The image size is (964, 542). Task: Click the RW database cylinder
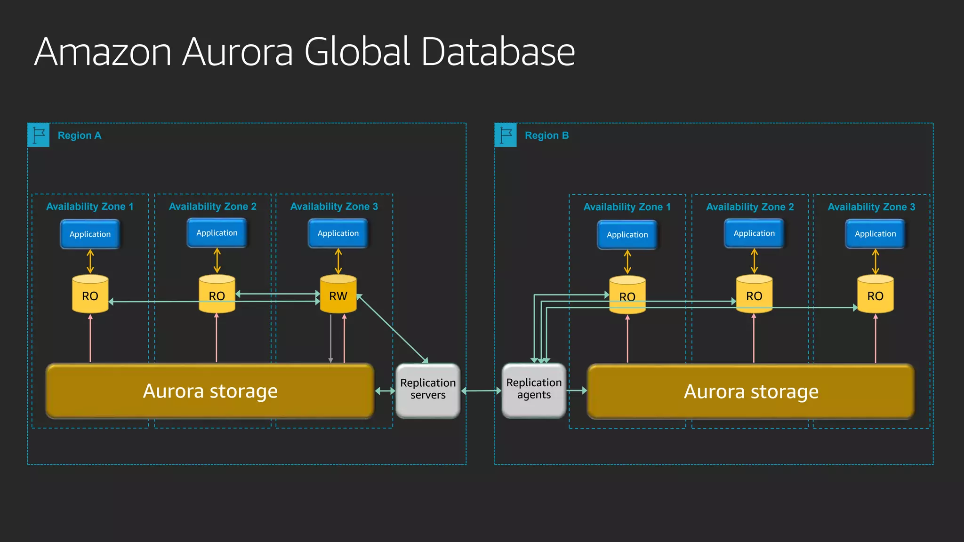click(x=338, y=295)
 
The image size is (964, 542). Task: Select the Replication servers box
click(x=428, y=390)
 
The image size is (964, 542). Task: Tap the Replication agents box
click(x=534, y=390)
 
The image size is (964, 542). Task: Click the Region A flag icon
click(x=39, y=135)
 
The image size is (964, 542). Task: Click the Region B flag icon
click(x=506, y=135)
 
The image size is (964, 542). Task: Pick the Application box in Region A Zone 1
click(x=90, y=234)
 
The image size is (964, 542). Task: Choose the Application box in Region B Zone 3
click(x=875, y=234)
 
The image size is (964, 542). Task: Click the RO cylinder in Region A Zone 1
click(x=90, y=295)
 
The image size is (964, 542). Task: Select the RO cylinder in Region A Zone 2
click(x=217, y=295)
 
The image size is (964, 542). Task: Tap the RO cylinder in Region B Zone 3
click(x=875, y=295)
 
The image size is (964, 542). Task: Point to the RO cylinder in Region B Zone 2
click(x=754, y=295)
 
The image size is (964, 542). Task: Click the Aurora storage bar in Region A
click(x=210, y=391)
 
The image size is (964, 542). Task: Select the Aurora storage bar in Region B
click(x=751, y=391)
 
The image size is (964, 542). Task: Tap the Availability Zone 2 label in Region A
click(x=213, y=207)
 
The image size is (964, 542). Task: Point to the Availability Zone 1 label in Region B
click(x=627, y=207)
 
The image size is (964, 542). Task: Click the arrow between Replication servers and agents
click(x=481, y=391)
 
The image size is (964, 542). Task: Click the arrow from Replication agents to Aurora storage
click(x=577, y=391)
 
